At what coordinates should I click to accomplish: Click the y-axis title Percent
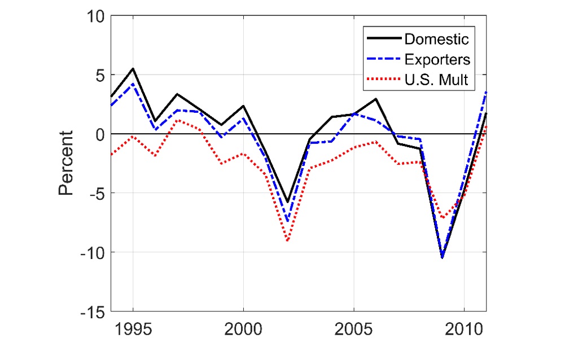click(67, 164)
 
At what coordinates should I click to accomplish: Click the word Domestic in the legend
click(436, 39)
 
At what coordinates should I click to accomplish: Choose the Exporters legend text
click(437, 60)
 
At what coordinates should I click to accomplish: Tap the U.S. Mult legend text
click(436, 80)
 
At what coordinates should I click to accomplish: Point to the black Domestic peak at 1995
click(133, 69)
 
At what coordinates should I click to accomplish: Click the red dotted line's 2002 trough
click(287, 241)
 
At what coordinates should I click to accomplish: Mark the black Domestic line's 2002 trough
click(287, 202)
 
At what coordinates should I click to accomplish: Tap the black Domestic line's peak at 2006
click(376, 99)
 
